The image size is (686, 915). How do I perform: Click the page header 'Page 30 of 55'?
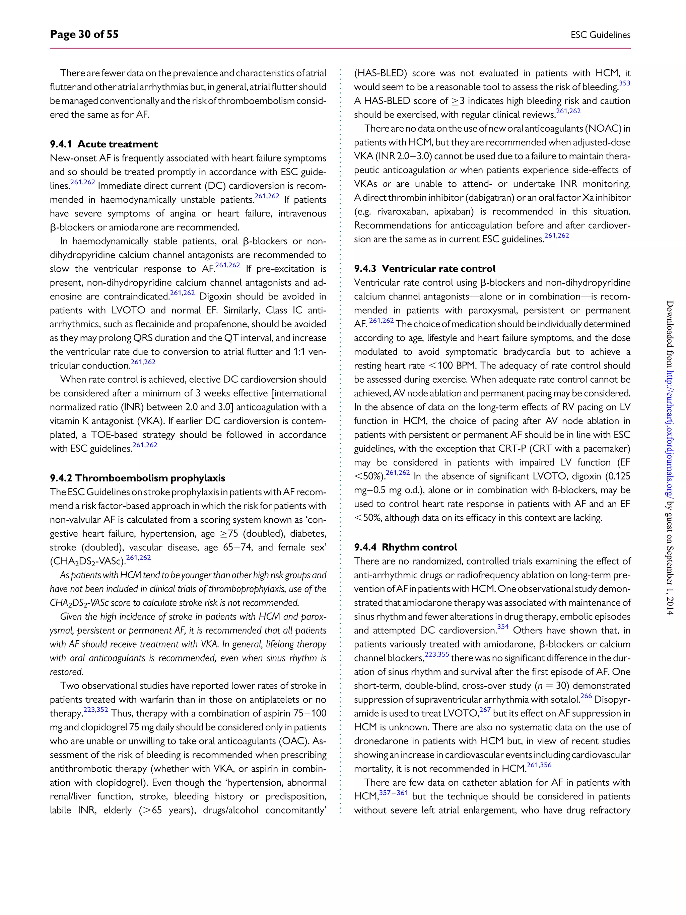(84, 34)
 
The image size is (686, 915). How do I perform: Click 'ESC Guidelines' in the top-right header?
(600, 35)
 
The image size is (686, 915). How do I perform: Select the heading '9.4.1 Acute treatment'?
(104, 144)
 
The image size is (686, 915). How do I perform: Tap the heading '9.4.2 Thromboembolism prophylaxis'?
(137, 478)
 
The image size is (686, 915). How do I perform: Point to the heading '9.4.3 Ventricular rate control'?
(424, 269)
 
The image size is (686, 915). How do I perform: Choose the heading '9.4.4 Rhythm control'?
(405, 547)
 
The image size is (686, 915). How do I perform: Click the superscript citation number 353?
(624, 83)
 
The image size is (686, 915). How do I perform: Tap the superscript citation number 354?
(503, 627)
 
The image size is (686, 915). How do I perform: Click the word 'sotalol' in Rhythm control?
(565, 700)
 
